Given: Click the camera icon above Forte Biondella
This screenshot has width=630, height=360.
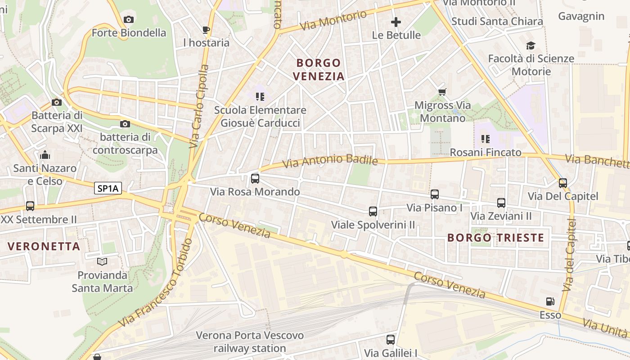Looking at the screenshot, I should tap(129, 19).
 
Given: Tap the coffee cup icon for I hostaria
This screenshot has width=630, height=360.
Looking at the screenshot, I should tap(206, 30).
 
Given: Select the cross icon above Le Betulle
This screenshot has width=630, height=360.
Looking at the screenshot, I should tap(396, 22).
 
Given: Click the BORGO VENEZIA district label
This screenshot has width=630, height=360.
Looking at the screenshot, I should tap(319, 69).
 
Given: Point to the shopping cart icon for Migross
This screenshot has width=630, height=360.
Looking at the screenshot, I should tap(442, 92).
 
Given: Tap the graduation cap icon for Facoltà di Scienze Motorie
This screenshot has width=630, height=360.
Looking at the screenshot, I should tap(531, 45).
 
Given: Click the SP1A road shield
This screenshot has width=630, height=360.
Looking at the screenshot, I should tap(108, 189).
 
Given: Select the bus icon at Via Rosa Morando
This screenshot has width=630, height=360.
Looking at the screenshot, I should tap(255, 179).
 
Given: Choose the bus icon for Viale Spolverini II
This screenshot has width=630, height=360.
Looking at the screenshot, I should tap(373, 211).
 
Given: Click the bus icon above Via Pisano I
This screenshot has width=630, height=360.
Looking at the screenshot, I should tap(435, 194).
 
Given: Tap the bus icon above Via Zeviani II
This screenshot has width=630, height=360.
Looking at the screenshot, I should tap(501, 203).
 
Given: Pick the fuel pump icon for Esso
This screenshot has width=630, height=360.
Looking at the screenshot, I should tap(550, 301).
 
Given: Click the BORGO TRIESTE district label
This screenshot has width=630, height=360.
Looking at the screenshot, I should tap(496, 238).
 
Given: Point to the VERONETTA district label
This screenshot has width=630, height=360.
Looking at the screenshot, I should tap(44, 246).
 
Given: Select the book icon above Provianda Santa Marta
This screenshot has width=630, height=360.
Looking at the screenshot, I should tap(102, 261).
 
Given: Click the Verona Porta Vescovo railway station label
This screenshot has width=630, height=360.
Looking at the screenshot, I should tap(250, 342).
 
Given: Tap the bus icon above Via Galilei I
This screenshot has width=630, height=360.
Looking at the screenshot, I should tap(391, 340).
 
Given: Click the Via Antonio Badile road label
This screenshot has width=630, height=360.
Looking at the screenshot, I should tap(330, 161).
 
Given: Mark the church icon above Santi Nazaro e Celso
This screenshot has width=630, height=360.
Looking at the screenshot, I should tap(45, 155).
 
